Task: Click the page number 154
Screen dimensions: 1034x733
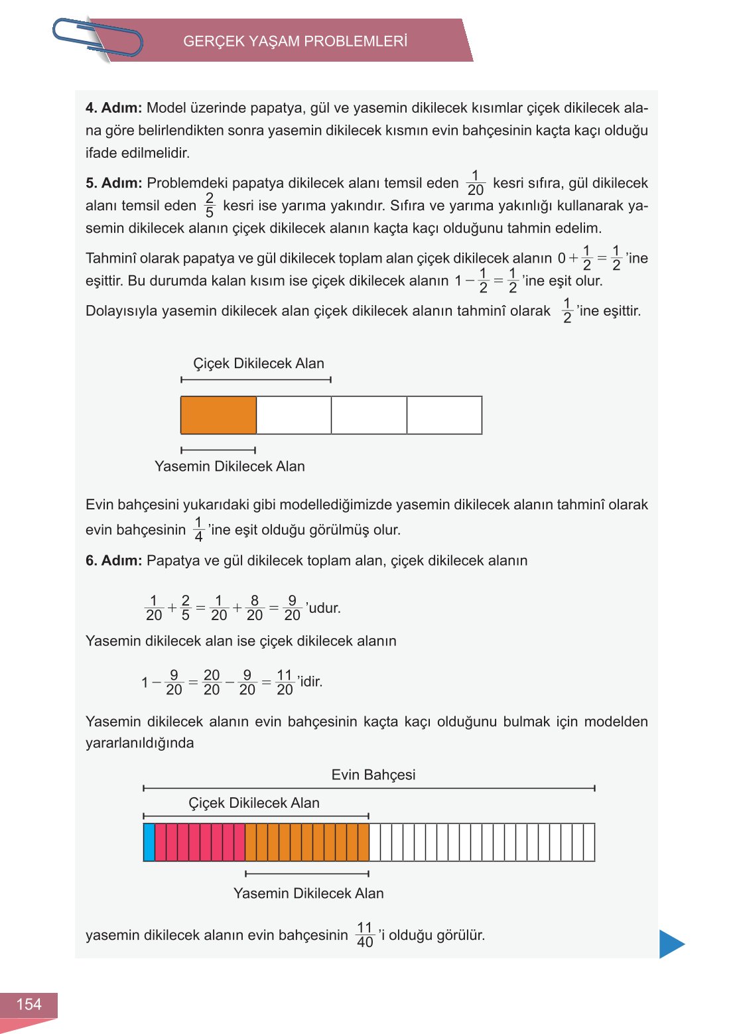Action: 29,1004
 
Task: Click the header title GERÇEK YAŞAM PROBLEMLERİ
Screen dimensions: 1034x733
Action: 295,41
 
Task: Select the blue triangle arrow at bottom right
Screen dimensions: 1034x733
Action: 671,944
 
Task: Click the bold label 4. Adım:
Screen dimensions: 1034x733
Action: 113,108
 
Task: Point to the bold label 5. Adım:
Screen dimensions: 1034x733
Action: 113,183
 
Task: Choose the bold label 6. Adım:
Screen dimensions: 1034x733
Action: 113,560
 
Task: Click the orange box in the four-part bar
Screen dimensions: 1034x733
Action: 218,415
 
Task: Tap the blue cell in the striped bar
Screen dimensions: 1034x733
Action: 149,842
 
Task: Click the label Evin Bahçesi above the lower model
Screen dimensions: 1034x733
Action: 373,775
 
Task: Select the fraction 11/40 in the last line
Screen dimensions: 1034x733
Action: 365,935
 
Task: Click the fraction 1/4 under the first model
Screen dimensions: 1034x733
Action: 198,530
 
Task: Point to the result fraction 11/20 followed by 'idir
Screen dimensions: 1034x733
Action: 285,682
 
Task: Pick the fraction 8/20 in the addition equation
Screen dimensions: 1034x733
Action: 255,608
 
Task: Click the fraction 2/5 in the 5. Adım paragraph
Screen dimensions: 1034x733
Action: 210,206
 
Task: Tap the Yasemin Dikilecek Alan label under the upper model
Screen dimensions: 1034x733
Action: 230,466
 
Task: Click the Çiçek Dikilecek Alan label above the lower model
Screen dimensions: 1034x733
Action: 254,803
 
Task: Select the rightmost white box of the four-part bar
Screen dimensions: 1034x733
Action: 444,415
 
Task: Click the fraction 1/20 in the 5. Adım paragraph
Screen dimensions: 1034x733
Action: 476,184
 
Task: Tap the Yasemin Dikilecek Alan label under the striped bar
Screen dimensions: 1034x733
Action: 308,893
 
